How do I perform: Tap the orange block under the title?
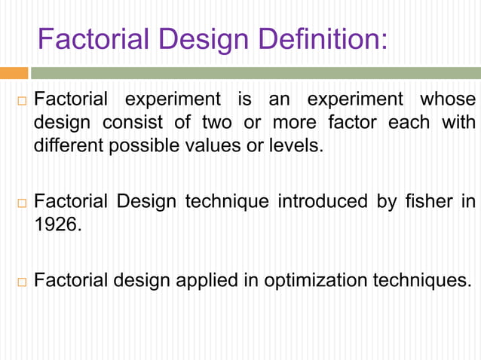pos(14,73)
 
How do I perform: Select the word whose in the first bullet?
pos(448,99)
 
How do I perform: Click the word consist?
pos(130,122)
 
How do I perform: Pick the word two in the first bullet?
pos(216,122)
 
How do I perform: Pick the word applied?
pos(204,282)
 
